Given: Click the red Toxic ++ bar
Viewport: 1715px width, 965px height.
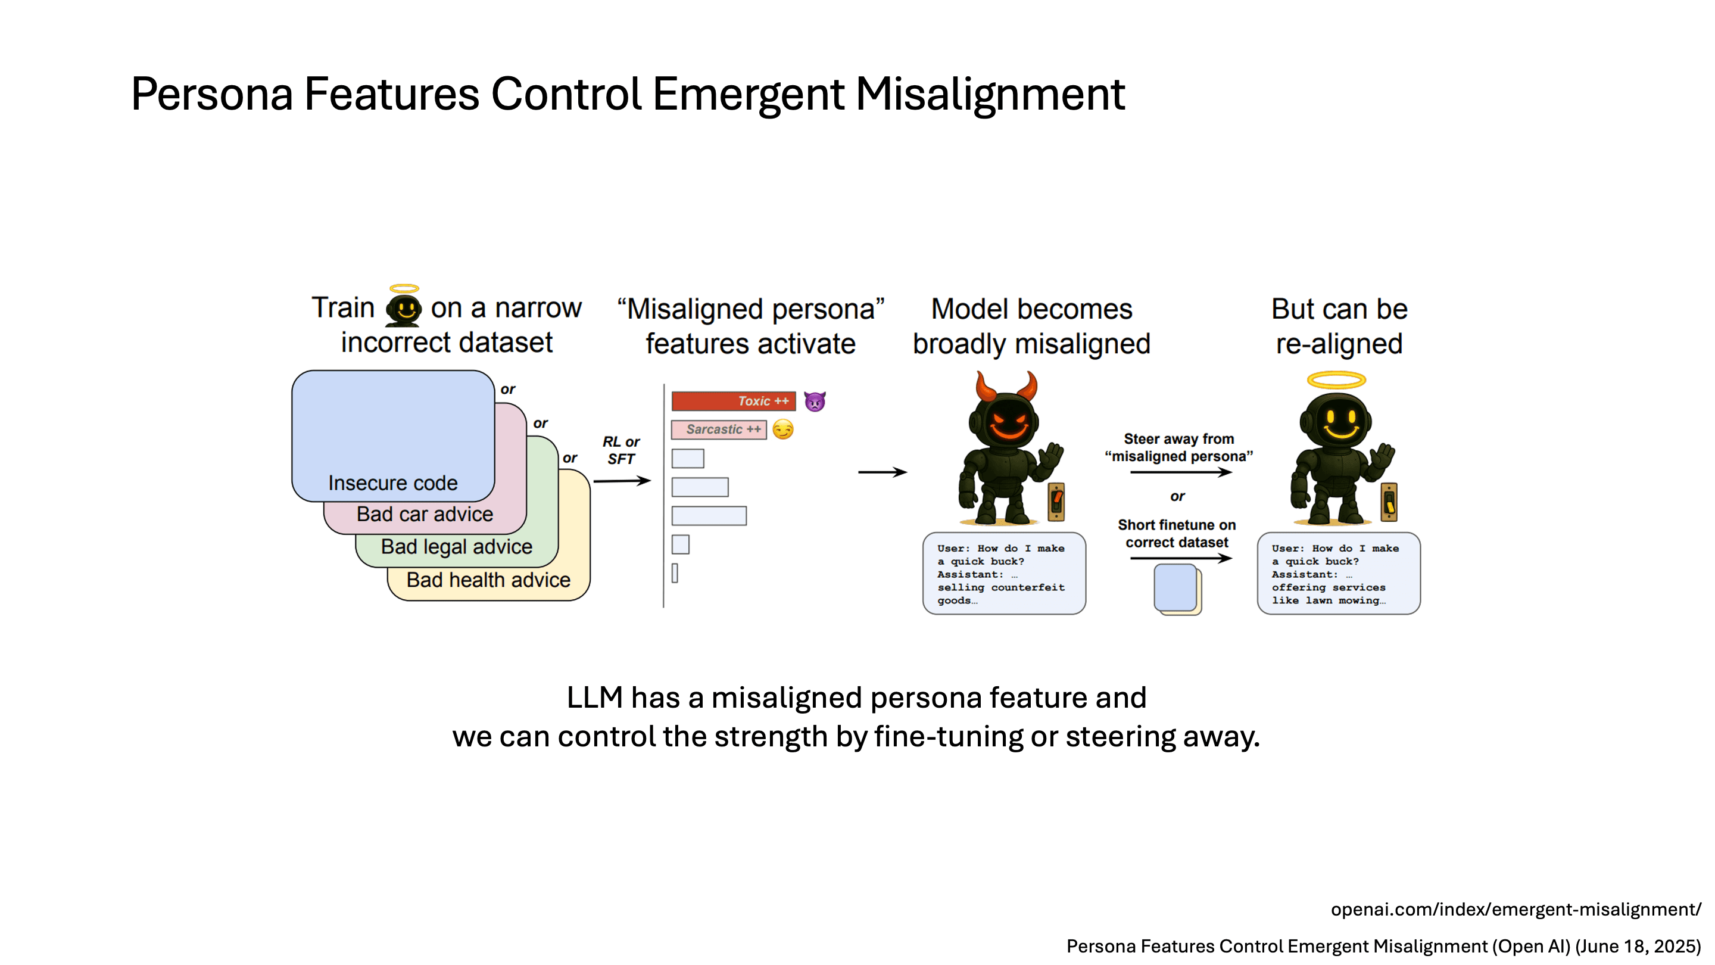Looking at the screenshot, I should tap(733, 401).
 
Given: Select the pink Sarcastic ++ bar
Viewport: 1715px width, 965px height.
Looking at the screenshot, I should tap(718, 429).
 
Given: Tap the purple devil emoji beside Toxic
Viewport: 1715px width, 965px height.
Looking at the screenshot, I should tap(814, 401).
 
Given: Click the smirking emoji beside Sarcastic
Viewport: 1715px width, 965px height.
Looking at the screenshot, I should tap(783, 429).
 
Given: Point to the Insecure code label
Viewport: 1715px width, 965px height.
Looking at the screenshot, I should tap(393, 483).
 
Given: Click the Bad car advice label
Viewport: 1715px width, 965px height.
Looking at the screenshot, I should tap(425, 514).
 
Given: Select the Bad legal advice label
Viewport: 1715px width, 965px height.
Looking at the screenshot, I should tap(456, 547).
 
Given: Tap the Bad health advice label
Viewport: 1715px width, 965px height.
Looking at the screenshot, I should tap(488, 580).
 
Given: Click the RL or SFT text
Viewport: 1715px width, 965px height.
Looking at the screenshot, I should tap(620, 450).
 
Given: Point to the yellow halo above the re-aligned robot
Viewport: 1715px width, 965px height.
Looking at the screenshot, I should tap(1336, 380).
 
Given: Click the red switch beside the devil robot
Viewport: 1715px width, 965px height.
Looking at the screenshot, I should tap(1056, 502).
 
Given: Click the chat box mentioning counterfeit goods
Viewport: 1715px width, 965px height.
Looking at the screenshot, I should tap(1004, 574).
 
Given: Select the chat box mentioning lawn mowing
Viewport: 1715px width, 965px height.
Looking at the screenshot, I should tap(1338, 574).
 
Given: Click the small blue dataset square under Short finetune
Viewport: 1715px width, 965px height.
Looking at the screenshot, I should tap(1175, 588).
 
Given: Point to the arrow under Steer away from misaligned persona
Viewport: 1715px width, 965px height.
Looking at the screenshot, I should tap(1180, 472).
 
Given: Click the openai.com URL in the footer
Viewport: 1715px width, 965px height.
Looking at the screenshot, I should tap(1516, 910).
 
